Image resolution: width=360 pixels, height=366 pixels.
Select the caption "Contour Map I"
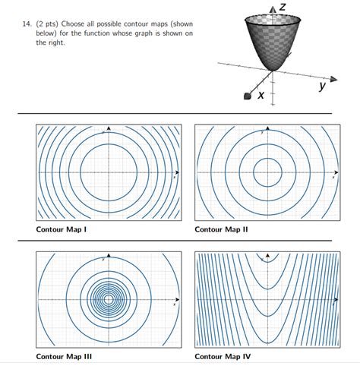[x=64, y=229]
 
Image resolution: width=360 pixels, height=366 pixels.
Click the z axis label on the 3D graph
[x=281, y=7]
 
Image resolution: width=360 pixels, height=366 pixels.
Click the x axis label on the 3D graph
[x=261, y=95]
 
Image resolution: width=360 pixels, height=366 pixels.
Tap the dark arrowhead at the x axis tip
[x=246, y=96]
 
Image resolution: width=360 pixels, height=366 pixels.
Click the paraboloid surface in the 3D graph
[x=271, y=42]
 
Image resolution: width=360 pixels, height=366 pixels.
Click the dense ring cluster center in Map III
[x=109, y=299]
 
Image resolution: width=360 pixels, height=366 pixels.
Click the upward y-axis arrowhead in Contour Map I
[x=109, y=128]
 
